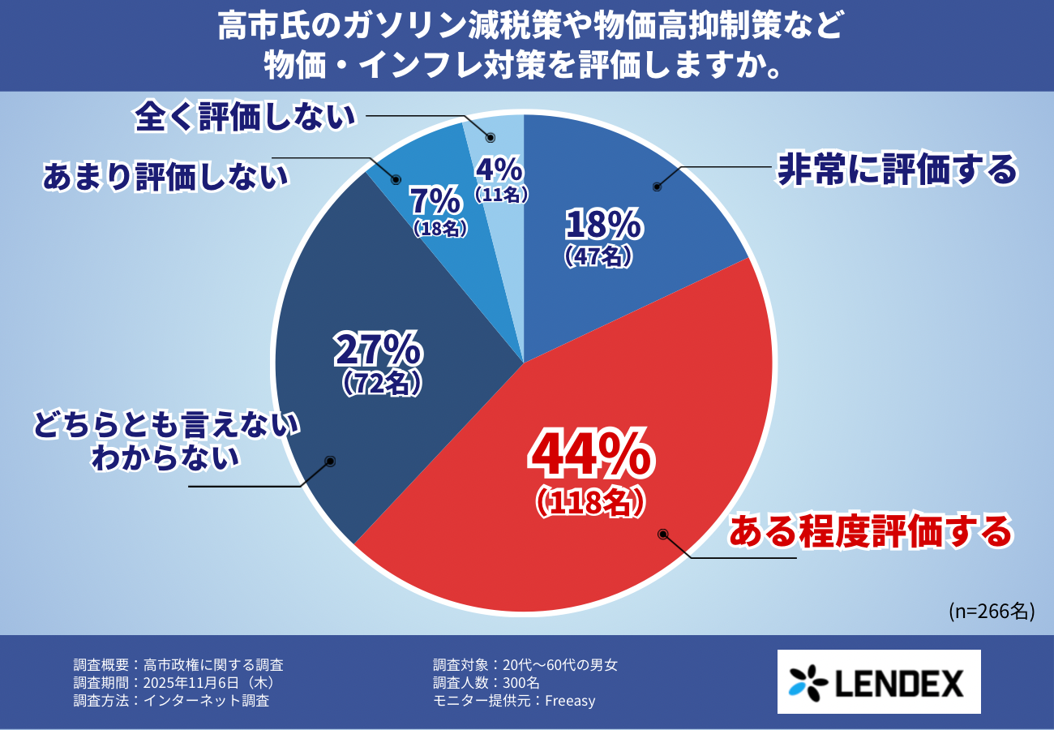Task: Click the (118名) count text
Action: (590, 503)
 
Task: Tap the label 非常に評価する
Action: (896, 170)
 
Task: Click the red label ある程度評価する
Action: (871, 531)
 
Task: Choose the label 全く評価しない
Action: (246, 116)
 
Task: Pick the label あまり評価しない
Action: (165, 177)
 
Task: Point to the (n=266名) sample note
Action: (991, 611)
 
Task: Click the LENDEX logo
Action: (878, 681)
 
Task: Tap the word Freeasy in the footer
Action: (570, 701)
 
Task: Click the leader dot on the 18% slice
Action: (657, 187)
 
